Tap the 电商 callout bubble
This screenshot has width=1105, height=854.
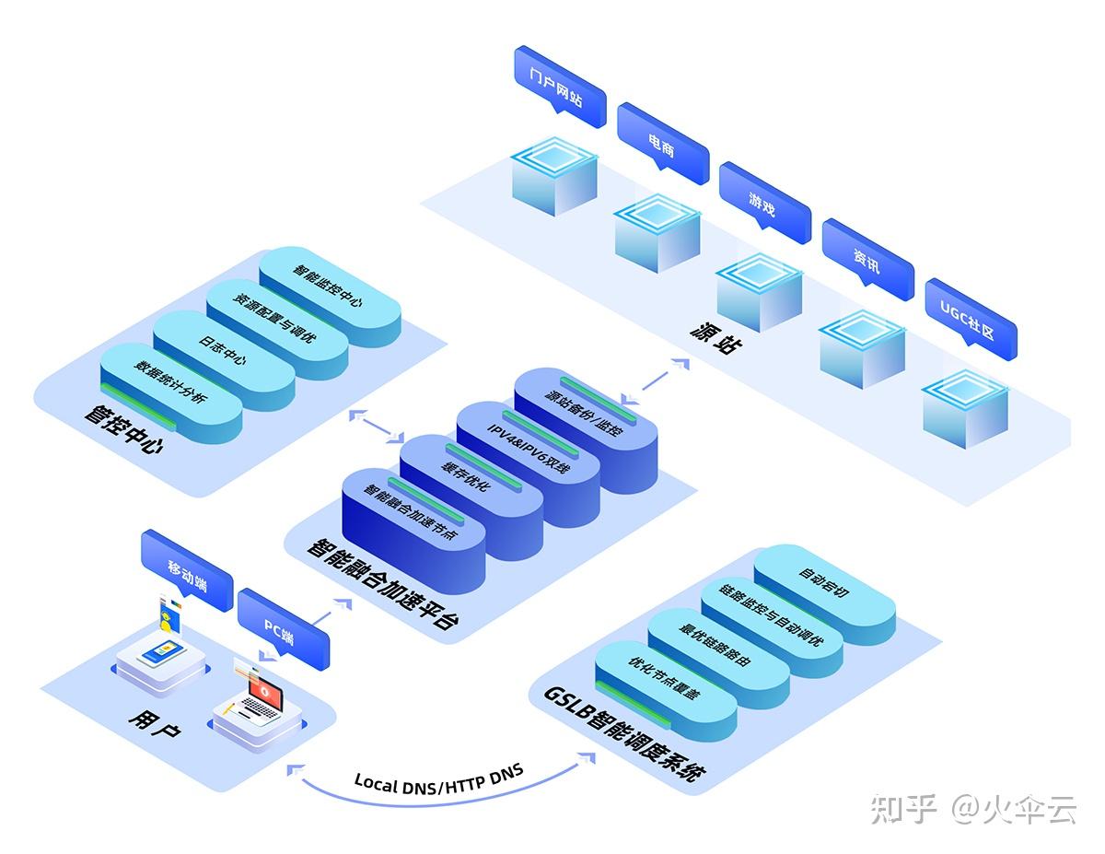[662, 142]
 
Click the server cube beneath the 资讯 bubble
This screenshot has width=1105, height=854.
[862, 350]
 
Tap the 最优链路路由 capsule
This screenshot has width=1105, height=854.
[718, 649]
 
